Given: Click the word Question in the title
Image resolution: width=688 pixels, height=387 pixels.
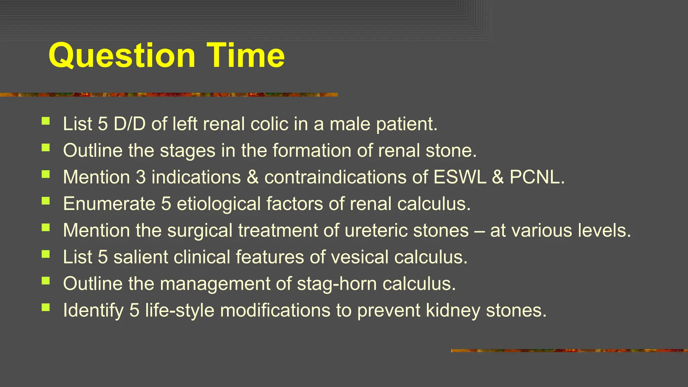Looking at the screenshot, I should [x=122, y=56].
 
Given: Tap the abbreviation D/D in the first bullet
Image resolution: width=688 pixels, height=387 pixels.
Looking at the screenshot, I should [x=129, y=124].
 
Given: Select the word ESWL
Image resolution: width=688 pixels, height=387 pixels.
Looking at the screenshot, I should [x=460, y=177].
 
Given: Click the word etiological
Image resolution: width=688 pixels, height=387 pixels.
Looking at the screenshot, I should [x=219, y=204].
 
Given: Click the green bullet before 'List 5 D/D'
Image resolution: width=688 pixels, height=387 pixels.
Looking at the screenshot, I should [x=46, y=121].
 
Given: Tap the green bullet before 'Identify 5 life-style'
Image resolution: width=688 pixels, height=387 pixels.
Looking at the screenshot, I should [x=46, y=307].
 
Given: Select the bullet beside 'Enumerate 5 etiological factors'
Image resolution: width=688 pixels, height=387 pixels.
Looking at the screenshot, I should [x=46, y=201].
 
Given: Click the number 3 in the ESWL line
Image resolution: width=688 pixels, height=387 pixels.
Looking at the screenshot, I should [x=141, y=177].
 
